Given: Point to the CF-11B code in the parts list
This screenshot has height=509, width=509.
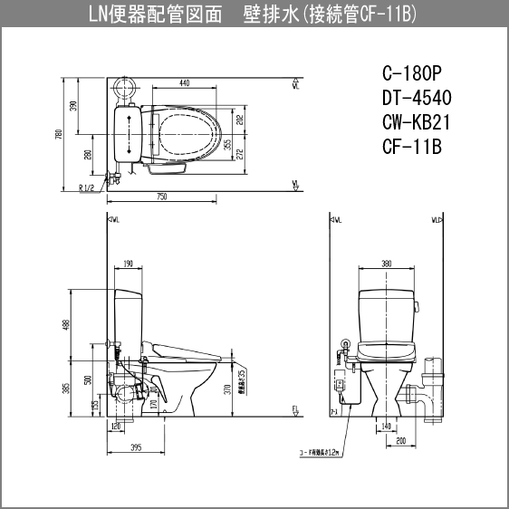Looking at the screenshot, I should [x=413, y=147].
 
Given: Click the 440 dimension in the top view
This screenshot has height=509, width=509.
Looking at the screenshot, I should [x=184, y=83].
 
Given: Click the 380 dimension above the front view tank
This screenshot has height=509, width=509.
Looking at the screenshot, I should [x=387, y=264].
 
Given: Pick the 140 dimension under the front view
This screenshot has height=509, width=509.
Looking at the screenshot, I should [x=387, y=425].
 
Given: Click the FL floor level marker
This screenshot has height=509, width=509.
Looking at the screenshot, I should [x=295, y=410].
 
